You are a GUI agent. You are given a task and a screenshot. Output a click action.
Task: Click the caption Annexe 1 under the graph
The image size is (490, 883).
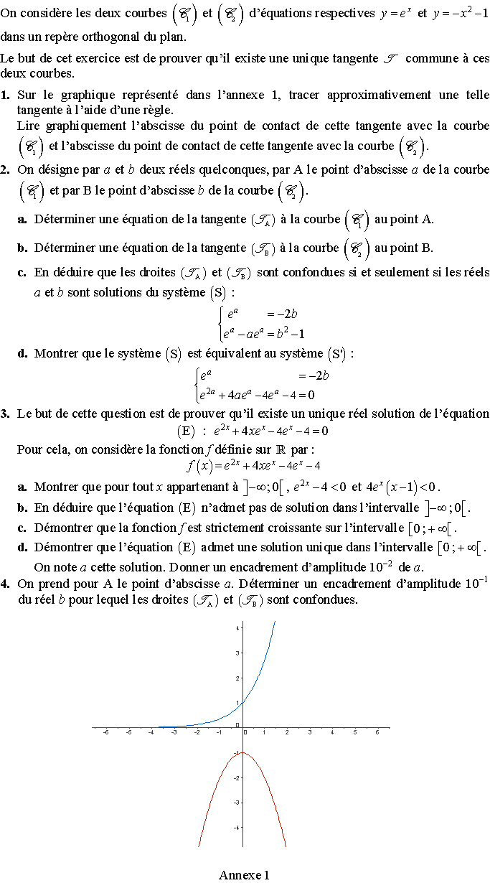pyautogui.click(x=245, y=874)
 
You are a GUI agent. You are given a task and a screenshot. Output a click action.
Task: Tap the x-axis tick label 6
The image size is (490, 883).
pyautogui.click(x=377, y=732)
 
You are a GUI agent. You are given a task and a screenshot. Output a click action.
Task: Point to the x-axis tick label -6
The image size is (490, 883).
pyautogui.click(x=107, y=732)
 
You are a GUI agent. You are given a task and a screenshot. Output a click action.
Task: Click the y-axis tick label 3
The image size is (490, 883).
pyautogui.click(x=237, y=653)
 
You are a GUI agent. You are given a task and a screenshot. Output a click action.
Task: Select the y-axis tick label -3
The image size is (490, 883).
pyautogui.click(x=237, y=803)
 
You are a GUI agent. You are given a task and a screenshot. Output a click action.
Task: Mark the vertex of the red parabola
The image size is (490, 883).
pyautogui.click(x=242, y=752)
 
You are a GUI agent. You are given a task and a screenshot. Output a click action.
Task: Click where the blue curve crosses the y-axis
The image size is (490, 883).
pyautogui.click(x=242, y=702)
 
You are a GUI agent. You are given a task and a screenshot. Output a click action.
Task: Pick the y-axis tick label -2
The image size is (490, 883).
pyautogui.click(x=237, y=777)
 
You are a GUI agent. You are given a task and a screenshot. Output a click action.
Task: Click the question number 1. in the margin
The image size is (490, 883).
pyautogui.click(x=6, y=95)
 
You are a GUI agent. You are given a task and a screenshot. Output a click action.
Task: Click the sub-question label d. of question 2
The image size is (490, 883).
pyautogui.click(x=22, y=353)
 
